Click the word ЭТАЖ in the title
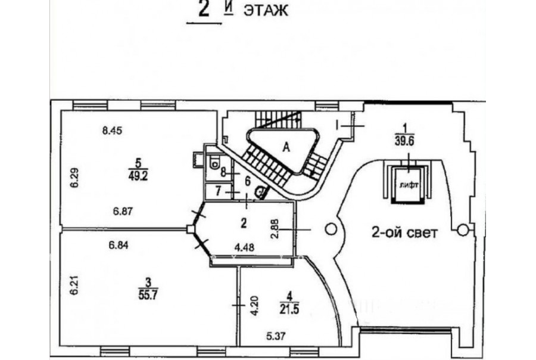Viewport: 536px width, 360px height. [x=265, y=11]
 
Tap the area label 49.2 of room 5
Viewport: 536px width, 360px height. [x=138, y=176]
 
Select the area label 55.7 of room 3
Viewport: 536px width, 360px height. [x=148, y=294]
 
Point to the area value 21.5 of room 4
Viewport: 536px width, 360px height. [x=289, y=309]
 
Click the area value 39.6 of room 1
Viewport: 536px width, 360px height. [x=404, y=141]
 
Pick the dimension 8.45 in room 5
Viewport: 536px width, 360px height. [x=112, y=131]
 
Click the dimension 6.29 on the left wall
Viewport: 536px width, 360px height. [x=74, y=177]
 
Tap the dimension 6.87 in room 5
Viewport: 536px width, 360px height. [x=123, y=211]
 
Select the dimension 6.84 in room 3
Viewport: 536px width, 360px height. [x=119, y=245]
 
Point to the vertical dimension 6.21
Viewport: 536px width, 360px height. [x=74, y=285]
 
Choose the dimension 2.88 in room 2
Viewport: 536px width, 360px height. [x=276, y=229]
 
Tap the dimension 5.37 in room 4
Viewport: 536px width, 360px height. [x=276, y=336]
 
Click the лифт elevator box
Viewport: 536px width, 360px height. [x=409, y=185]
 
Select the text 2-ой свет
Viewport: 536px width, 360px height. [x=404, y=232]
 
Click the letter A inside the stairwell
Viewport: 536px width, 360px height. [x=286, y=147]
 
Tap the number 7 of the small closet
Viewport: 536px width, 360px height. [x=218, y=191]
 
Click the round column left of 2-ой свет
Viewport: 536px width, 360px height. [x=331, y=229]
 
